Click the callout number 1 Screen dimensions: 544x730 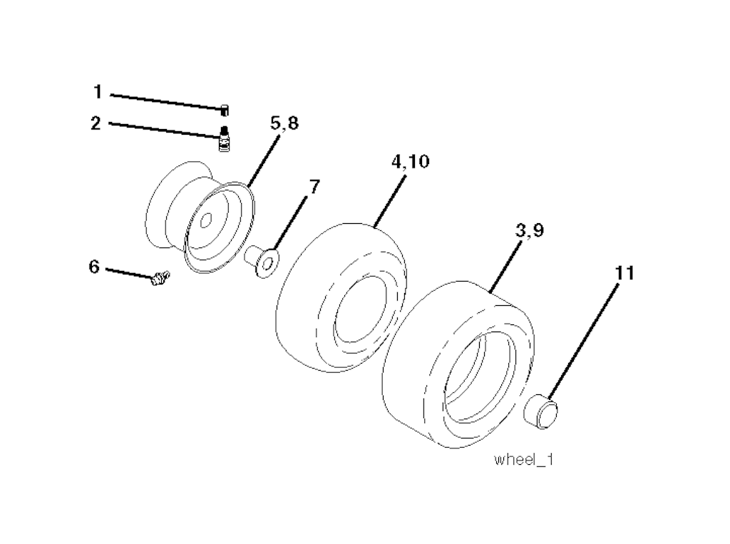pos(97,92)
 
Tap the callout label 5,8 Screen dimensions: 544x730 pos(284,123)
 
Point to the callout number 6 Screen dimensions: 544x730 pos(94,266)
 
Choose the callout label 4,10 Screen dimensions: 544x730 pos(410,162)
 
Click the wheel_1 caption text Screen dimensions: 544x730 pos(524,460)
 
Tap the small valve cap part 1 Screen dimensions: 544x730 pos(224,109)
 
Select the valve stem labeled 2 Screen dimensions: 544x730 pos(225,138)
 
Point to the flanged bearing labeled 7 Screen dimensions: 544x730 pos(262,262)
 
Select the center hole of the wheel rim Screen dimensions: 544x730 pos(205,222)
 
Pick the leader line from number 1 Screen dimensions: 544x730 pos(164,100)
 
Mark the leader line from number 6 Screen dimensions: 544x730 pos(128,272)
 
